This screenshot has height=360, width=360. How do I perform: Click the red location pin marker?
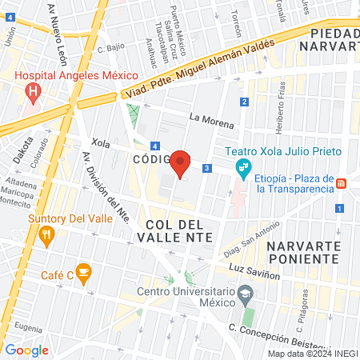pyautogui.click(x=181, y=163)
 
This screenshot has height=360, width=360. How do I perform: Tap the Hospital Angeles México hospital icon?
pyautogui.click(x=33, y=92)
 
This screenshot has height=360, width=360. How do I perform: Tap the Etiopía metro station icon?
pyautogui.click(x=342, y=182)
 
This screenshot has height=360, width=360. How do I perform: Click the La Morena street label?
pyautogui.click(x=211, y=122)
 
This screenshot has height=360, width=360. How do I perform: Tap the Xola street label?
pyautogui.click(x=101, y=142)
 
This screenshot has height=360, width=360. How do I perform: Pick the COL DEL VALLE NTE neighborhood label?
pyautogui.click(x=175, y=230)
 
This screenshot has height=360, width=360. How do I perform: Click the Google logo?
pyautogui.click(x=26, y=350)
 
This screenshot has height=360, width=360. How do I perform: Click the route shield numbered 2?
pyautogui.click(x=243, y=101)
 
